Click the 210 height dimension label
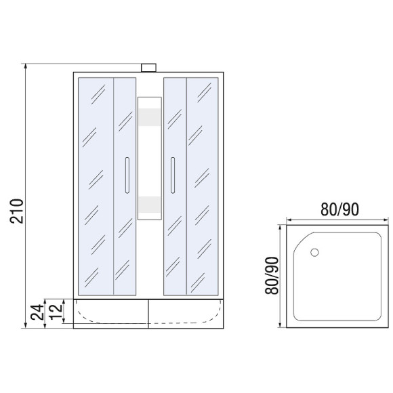[16, 211]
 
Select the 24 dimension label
[37, 312]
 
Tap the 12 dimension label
[56, 311]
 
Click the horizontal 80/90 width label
[339, 209]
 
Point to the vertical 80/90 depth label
[272, 276]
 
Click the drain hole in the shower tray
[314, 252]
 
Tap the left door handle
[127, 175]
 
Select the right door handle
[172, 175]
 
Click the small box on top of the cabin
[148, 68]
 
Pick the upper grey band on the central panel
[150, 117]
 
